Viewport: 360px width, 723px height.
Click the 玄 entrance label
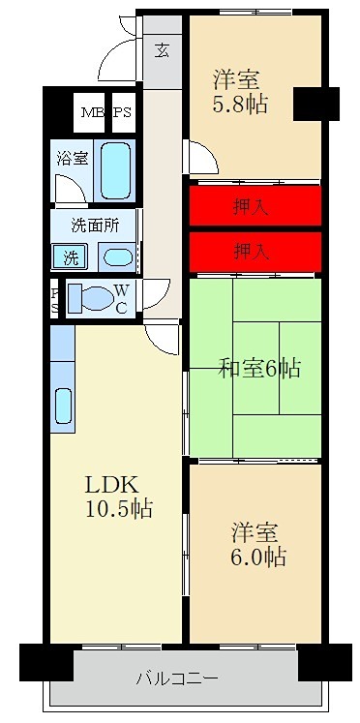[x=162, y=49]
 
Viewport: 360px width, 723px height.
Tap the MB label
[x=92, y=112]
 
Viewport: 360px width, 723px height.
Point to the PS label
[x=123, y=112]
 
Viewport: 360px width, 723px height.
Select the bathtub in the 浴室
[x=116, y=170]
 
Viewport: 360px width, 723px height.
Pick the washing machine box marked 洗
[x=71, y=257]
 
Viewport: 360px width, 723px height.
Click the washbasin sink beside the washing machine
[x=116, y=257]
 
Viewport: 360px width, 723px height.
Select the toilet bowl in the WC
[x=93, y=298]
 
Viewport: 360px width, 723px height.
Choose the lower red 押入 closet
[x=254, y=252]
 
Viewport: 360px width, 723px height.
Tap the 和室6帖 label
[x=258, y=368]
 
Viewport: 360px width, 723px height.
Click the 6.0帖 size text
[x=257, y=557]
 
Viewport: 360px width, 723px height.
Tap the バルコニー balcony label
[x=176, y=678]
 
